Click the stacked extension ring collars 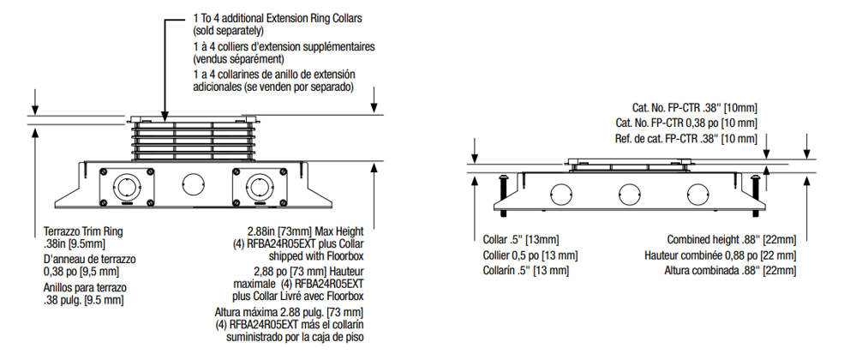(192, 139)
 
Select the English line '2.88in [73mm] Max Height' (304, 231)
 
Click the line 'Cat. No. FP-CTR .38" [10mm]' (694, 108)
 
